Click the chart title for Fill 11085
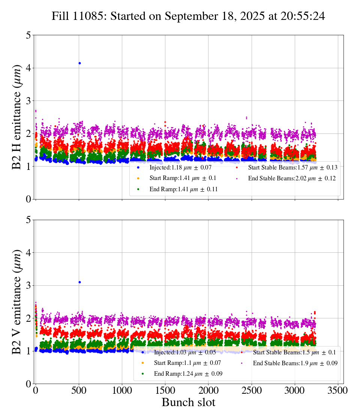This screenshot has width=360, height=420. (188, 16)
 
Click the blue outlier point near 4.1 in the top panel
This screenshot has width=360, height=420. (79, 63)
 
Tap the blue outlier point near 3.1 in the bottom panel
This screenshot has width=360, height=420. (79, 282)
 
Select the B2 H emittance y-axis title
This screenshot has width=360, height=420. (17, 117)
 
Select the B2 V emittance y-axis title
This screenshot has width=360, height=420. (17, 301)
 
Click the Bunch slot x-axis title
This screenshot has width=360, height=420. (188, 402)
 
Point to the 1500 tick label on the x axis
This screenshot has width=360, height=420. (165, 390)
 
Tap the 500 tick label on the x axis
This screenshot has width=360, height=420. (79, 390)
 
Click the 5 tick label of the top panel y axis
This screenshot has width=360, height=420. (28, 36)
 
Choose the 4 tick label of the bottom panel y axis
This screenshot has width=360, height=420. (28, 253)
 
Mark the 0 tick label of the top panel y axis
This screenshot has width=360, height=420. (28, 199)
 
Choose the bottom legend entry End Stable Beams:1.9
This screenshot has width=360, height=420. (295, 363)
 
